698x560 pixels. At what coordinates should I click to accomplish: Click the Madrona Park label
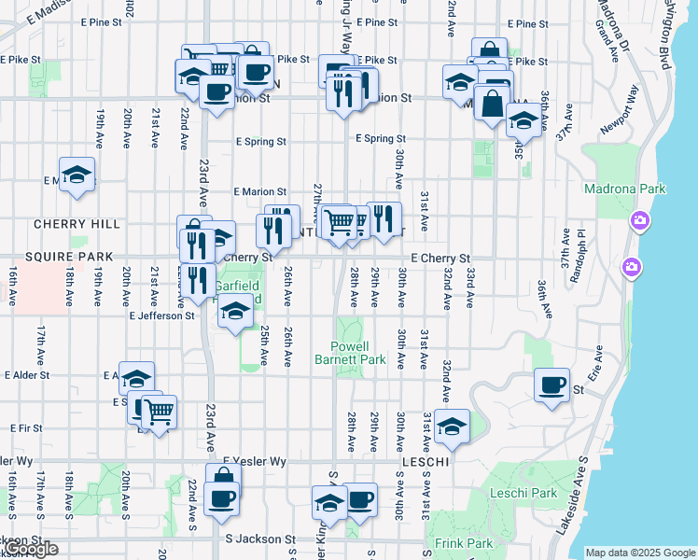point(624,189)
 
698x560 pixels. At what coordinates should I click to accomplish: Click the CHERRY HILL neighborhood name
point(77,224)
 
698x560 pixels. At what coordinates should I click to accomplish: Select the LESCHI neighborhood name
point(426,462)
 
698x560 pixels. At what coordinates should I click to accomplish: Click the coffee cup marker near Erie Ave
point(552,385)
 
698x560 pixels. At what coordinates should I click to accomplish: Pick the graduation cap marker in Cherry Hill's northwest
point(77,175)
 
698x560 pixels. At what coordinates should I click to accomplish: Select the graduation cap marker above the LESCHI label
point(452,426)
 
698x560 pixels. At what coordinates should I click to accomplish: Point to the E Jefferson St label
point(162,315)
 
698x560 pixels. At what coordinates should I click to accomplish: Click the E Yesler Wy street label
point(255,461)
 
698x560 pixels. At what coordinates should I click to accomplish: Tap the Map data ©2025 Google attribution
point(640,553)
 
